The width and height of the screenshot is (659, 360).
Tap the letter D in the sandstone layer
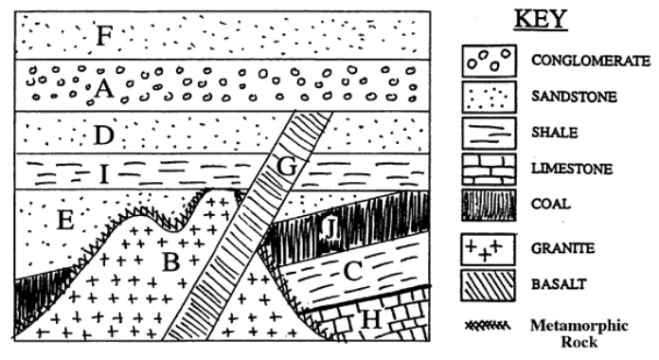pyautogui.click(x=104, y=135)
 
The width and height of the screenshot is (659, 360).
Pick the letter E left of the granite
pyautogui.click(x=64, y=222)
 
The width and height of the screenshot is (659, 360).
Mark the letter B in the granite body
pyautogui.click(x=171, y=261)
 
